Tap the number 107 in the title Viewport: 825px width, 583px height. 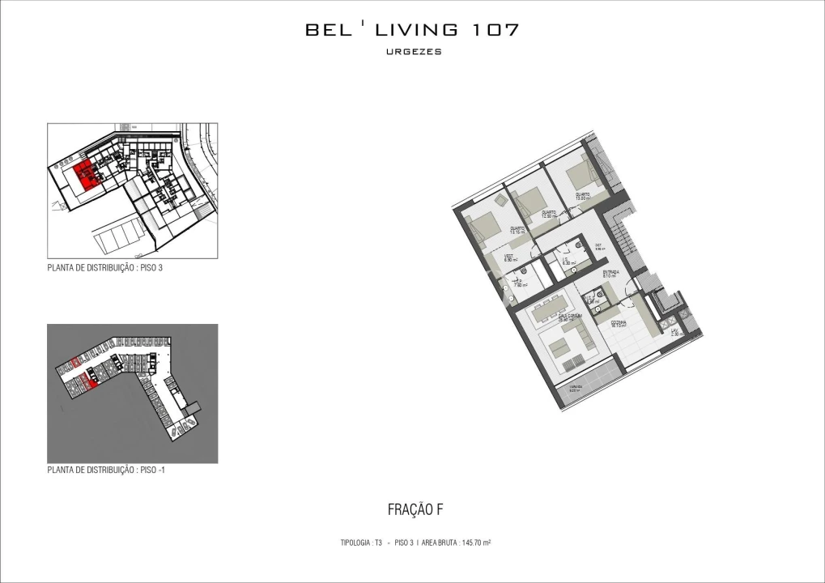[493, 30]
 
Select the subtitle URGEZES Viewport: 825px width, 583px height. [413, 52]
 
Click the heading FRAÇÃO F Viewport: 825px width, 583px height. [415, 510]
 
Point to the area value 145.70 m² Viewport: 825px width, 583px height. [477, 543]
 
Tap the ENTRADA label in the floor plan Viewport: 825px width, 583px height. [611, 274]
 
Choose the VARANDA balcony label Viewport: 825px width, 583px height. [573, 388]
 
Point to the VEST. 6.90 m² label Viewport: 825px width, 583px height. [510, 258]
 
